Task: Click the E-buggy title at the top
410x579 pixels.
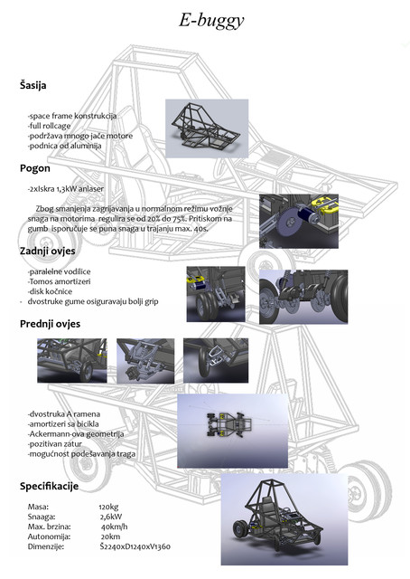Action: point(205,20)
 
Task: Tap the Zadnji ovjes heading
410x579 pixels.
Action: point(48,251)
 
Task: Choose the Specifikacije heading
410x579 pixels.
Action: point(49,487)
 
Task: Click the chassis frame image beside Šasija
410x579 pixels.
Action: point(207,128)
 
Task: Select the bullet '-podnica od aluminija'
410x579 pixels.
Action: point(64,145)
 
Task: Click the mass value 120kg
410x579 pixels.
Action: point(109,507)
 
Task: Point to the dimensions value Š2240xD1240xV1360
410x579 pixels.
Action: point(135,546)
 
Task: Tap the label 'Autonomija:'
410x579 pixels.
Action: point(49,536)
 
